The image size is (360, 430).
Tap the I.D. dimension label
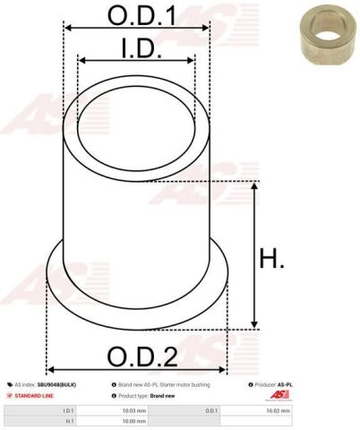pos(136,47)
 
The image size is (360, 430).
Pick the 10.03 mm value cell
pos(135,409)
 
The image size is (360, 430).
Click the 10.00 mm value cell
pos(135,419)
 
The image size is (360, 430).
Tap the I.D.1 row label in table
pos(68,409)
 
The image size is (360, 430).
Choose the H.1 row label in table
pos(68,419)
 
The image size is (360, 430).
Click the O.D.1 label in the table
pos(211,409)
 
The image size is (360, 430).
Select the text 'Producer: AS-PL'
pos(272,383)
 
